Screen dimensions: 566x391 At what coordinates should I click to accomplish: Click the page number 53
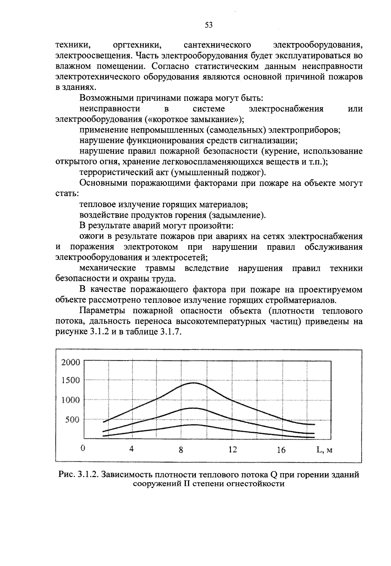tap(209, 25)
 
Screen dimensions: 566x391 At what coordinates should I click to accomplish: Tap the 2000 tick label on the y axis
tap(71, 362)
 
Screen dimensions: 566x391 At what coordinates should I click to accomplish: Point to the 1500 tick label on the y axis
tap(71, 380)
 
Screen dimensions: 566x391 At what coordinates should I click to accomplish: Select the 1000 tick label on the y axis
tap(71, 400)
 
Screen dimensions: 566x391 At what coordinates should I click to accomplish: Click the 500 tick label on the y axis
tap(72, 420)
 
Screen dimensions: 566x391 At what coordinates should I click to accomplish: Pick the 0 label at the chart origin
tap(83, 448)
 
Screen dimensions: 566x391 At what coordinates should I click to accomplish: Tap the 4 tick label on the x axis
tap(132, 449)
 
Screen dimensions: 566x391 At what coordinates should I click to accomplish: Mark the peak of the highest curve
tap(194, 383)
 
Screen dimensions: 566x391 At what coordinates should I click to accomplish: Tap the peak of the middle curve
tap(192, 408)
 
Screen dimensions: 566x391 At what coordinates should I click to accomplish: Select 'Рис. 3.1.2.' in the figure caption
tap(79, 475)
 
